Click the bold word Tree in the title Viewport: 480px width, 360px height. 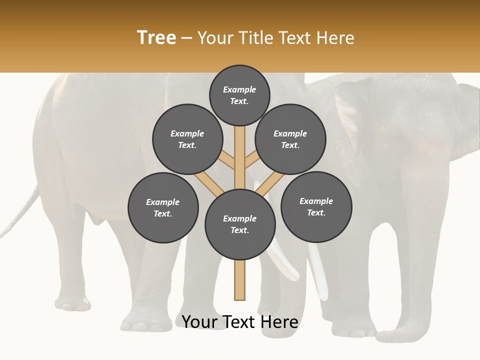[x=156, y=38]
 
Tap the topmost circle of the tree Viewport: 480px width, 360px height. [x=239, y=95]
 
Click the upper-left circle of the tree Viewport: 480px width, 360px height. [x=187, y=139]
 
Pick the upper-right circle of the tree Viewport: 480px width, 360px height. [x=290, y=139]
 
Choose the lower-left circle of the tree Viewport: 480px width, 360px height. [x=163, y=207]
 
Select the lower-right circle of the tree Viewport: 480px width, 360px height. [x=316, y=206]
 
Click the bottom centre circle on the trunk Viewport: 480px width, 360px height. [x=240, y=224]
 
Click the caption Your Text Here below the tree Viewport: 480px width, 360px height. [x=240, y=322]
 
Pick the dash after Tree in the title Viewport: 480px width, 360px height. [x=186, y=38]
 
